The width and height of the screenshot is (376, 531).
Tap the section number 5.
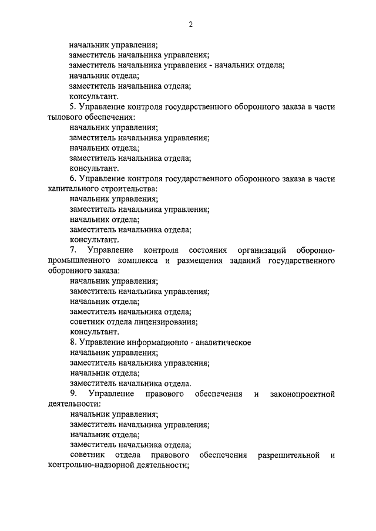tap(72, 106)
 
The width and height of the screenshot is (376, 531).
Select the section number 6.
tap(72, 178)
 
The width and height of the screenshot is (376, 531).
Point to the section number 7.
tap(72, 251)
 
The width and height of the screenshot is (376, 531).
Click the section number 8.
tap(72, 343)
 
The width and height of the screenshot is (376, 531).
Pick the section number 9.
tap(72, 394)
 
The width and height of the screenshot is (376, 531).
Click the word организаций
tap(260, 251)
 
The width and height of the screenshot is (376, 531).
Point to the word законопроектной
tap(301, 394)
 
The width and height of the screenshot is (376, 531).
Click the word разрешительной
tap(287, 455)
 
